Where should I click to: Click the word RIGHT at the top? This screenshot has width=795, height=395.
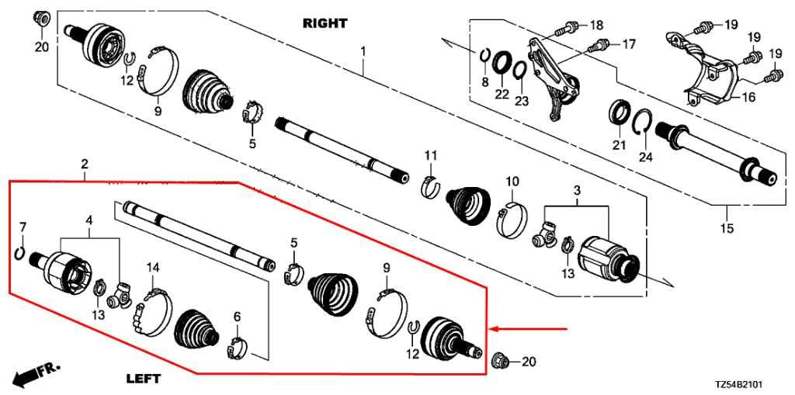pos(325,23)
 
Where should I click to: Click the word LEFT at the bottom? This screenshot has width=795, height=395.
pos(143,379)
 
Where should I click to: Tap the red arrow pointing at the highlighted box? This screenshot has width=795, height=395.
pos(536,329)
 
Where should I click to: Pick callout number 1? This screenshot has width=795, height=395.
pos(363,51)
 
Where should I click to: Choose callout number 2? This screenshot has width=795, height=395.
pos(84,165)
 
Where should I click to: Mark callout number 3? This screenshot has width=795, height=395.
pos(577,191)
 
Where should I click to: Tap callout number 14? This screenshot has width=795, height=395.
pos(153,269)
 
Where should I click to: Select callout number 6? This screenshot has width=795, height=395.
pos(238,317)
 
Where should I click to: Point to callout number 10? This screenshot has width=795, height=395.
pos(512,182)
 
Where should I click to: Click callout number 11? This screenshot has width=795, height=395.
pos(430,157)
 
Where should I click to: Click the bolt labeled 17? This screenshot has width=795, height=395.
pos(597,45)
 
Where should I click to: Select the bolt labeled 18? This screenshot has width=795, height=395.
pos(565,29)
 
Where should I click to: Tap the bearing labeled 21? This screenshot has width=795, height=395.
pos(619,112)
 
